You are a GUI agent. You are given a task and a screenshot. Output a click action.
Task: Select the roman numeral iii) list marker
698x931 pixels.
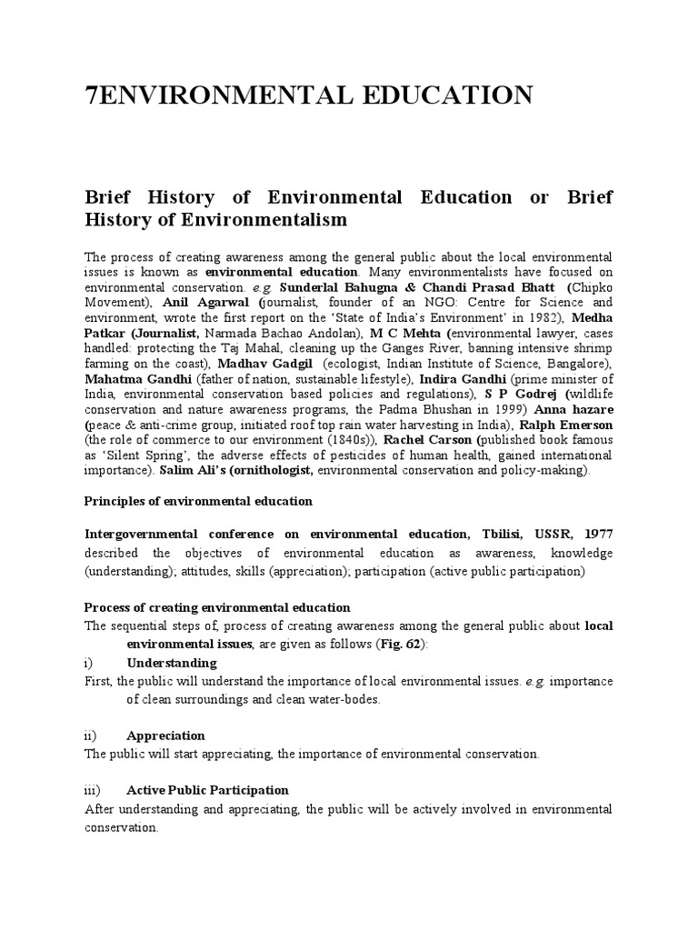click(x=94, y=790)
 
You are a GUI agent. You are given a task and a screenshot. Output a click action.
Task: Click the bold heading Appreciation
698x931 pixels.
click(x=165, y=735)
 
